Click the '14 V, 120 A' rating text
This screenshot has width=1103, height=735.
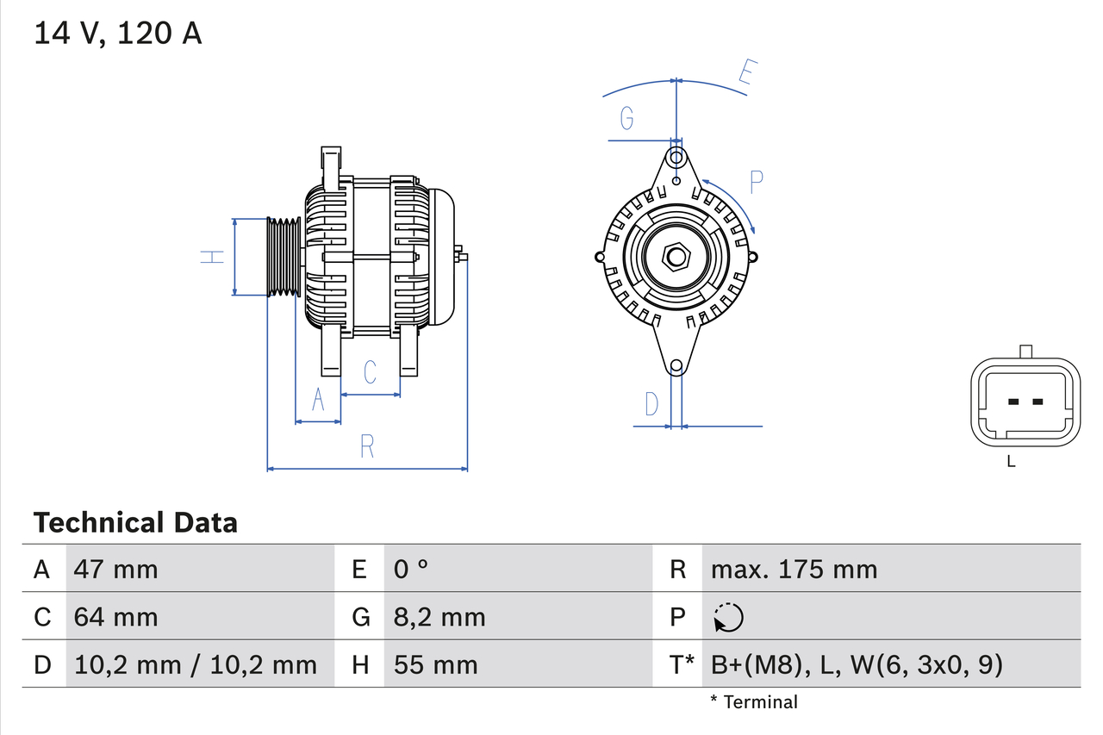pyautogui.click(x=118, y=33)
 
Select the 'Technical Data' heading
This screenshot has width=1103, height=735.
pyautogui.click(x=135, y=522)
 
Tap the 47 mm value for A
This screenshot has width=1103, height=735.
pyautogui.click(x=116, y=569)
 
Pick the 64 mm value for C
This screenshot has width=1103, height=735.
pyautogui.click(x=116, y=617)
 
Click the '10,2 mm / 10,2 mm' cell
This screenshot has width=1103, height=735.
pyautogui.click(x=196, y=664)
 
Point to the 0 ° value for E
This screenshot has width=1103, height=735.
pyautogui.click(x=411, y=569)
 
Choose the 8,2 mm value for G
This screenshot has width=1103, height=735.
pyautogui.click(x=439, y=617)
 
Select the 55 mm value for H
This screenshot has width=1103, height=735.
pyautogui.click(x=435, y=664)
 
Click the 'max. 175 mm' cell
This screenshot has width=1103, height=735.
pyautogui.click(x=794, y=569)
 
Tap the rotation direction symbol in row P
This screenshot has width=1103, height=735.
pyautogui.click(x=728, y=617)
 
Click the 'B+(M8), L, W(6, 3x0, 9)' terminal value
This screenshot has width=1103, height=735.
pyautogui.click(x=857, y=664)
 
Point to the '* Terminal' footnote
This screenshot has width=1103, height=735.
pyautogui.click(x=754, y=701)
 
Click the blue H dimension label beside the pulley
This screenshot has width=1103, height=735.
pyautogui.click(x=212, y=256)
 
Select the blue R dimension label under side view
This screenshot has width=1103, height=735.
pyautogui.click(x=367, y=446)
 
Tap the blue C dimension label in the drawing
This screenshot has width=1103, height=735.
pyautogui.click(x=370, y=372)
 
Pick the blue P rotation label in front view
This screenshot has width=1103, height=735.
pyautogui.click(x=756, y=182)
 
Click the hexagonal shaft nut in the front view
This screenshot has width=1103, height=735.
pyautogui.click(x=676, y=257)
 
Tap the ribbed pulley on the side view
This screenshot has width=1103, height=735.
pyautogui.click(x=283, y=257)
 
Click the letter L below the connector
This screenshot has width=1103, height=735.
pyautogui.click(x=1011, y=461)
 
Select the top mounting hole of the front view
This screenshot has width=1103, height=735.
pyautogui.click(x=676, y=158)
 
